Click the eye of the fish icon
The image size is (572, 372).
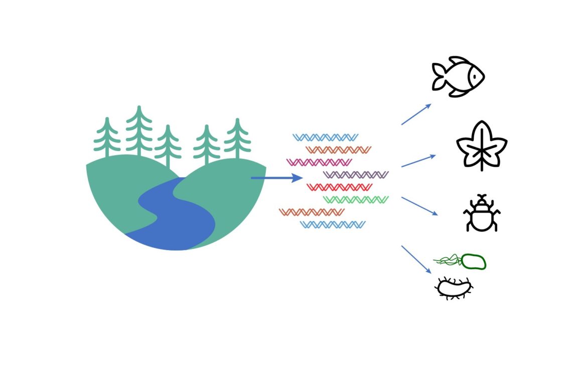473,77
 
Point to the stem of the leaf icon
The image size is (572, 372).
482,165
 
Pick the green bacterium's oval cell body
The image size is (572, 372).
473,262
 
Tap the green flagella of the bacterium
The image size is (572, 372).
447,260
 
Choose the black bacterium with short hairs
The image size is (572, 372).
454,288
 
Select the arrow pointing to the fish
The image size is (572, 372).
416,114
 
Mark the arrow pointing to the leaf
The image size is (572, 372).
418,161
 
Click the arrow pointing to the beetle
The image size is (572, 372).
419,206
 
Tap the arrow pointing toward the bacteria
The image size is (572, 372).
416,259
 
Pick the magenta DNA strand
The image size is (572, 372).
319,162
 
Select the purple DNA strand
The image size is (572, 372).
356,175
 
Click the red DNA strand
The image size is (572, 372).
339,187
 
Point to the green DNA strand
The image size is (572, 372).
356,200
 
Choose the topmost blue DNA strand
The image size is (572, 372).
325,137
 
